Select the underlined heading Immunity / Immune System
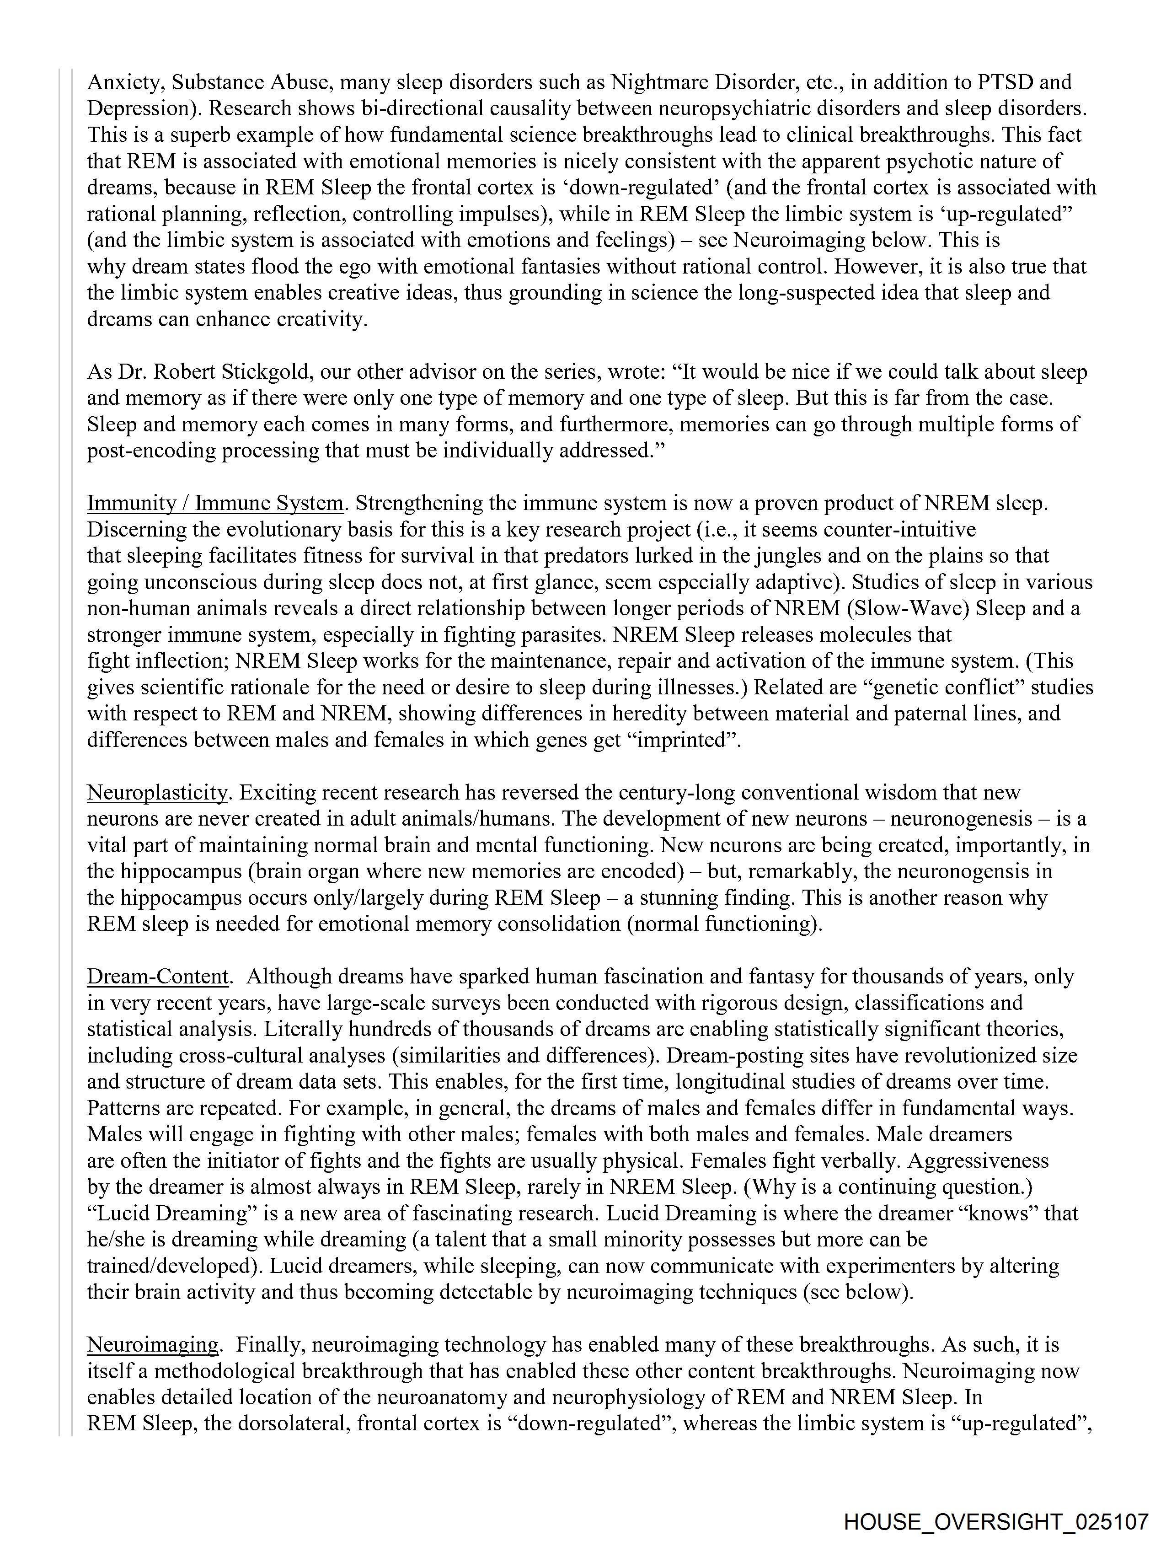click(215, 503)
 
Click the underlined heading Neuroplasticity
click(157, 793)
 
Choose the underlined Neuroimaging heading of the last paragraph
click(153, 1344)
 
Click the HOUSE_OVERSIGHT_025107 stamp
click(995, 1520)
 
